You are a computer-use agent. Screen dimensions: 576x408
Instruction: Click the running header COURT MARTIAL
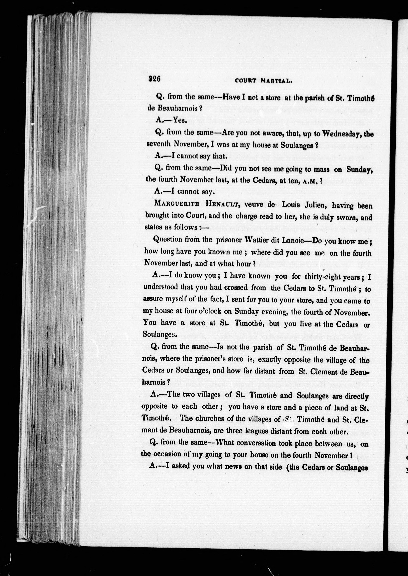coord(263,81)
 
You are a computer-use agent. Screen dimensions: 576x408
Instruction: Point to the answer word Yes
coord(179,120)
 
